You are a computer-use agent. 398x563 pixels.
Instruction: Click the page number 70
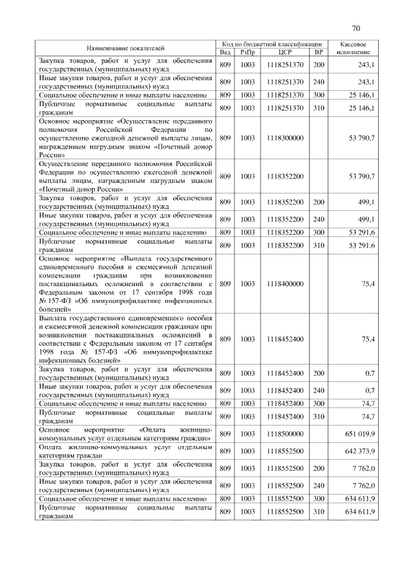pos(356,28)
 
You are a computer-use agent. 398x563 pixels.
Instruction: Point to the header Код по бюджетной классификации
pos(272,44)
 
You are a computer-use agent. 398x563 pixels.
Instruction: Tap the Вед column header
pos(225,52)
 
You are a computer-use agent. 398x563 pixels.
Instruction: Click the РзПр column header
pos(248,52)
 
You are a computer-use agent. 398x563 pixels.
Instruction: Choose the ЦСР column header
pos(285,52)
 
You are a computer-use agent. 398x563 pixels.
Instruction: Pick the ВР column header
pos(319,52)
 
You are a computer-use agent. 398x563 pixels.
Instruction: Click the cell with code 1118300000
pos(285,137)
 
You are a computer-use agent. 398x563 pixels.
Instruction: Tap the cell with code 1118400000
pos(285,284)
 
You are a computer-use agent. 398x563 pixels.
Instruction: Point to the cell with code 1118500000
pos(285,434)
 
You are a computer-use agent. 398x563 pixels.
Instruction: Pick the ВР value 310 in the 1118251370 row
pos(319,108)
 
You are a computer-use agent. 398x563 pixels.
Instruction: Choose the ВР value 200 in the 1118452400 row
pos(319,373)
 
